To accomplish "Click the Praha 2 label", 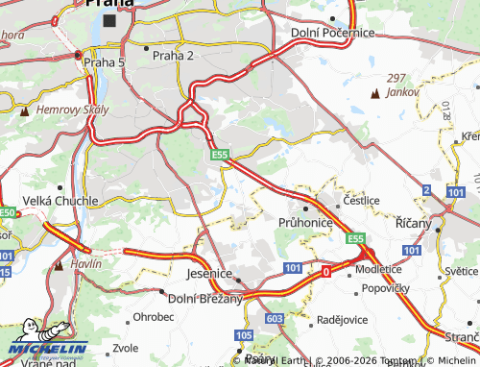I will coord(173,55).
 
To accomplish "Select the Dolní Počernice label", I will coord(331,33).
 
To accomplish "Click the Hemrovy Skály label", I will coord(65,110).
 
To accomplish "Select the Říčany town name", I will coord(415,222).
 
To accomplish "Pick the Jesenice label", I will coord(207,274).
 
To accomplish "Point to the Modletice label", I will coord(377,270).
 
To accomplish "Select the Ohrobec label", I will coord(154,316).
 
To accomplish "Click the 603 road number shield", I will coord(276,317).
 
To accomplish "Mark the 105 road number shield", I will coord(242,334).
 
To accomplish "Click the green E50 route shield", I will coord(9,212).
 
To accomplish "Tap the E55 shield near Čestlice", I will coord(356,237).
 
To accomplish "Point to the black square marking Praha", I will coord(108,19).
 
